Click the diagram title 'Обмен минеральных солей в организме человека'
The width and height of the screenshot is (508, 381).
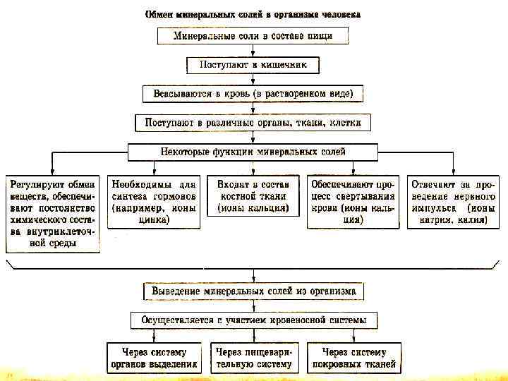(252, 13)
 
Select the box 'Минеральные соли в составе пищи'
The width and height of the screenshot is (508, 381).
(253, 36)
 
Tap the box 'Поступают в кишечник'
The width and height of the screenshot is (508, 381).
(253, 65)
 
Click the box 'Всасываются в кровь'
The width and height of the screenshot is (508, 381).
(253, 94)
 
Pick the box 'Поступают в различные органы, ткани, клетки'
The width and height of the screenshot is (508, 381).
(253, 123)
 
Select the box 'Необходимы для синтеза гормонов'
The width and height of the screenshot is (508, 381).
(152, 201)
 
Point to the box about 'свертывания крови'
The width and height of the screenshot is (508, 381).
(353, 201)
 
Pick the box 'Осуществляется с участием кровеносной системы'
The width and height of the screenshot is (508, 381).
(253, 320)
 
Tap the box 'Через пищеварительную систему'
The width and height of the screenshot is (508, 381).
(253, 358)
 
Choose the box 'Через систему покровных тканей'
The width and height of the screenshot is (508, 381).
(355, 358)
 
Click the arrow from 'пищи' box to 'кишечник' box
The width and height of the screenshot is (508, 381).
(253, 51)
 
